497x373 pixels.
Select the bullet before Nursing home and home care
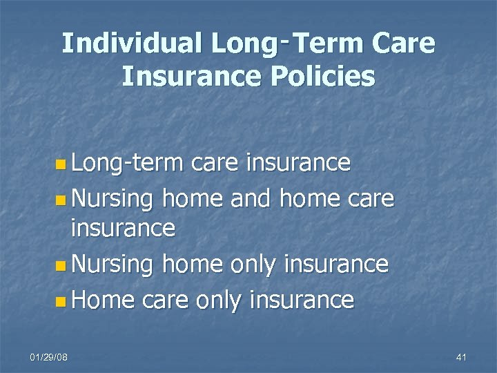[63, 200]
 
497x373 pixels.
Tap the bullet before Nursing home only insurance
[63, 266]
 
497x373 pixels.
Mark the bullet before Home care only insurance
[63, 300]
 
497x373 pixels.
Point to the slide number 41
[462, 357]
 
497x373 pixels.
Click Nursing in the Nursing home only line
[113, 265]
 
